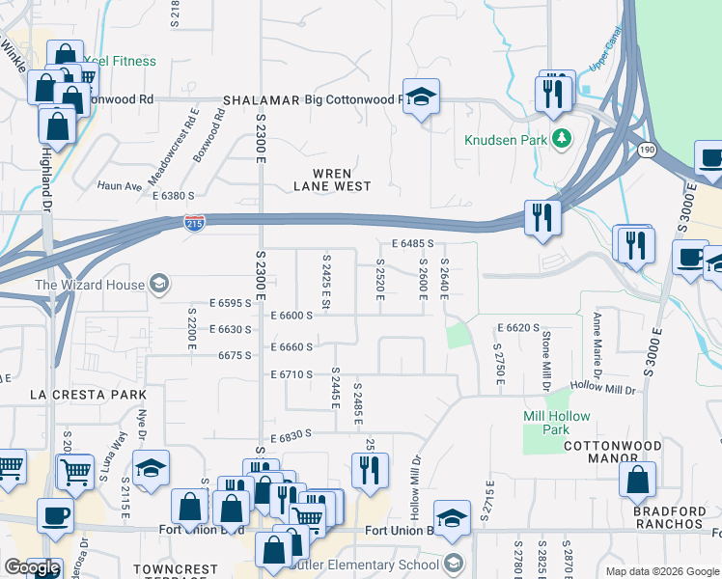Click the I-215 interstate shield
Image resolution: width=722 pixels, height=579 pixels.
[x=194, y=223]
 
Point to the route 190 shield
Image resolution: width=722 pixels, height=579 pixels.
[x=646, y=150]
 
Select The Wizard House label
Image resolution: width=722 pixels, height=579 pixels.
[x=90, y=285]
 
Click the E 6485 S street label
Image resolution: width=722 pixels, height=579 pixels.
[x=412, y=245]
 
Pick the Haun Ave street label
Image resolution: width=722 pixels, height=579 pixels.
[x=119, y=185]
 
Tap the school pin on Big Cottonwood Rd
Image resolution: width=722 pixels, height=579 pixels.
[x=421, y=96]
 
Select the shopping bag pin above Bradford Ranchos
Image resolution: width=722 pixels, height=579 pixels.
[x=637, y=480]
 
